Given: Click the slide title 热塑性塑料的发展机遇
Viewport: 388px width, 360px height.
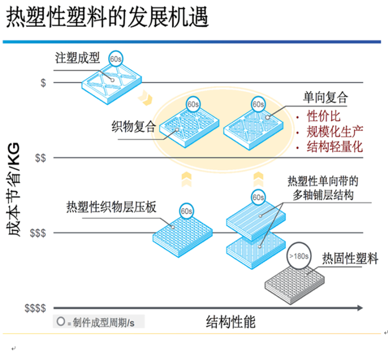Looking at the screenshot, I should pyautogui.click(x=108, y=18).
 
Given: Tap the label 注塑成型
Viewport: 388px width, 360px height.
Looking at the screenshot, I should pyautogui.click(x=77, y=58).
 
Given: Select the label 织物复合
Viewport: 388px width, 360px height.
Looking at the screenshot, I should pyautogui.click(x=134, y=126).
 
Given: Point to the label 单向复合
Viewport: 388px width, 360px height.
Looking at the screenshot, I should pyautogui.click(x=325, y=97).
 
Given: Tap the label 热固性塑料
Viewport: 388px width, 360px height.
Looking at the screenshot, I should pyautogui.click(x=350, y=258).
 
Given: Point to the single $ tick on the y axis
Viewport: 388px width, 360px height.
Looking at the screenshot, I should pyautogui.click(x=43, y=83).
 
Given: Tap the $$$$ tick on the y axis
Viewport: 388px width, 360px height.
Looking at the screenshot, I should pyautogui.click(x=35, y=308).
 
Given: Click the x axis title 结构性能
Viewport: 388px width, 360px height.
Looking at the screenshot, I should pyautogui.click(x=230, y=322).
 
